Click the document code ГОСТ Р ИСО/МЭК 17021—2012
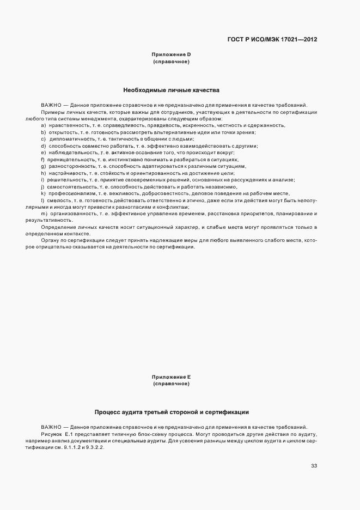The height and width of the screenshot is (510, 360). coord(272,40)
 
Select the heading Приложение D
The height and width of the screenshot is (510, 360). coord(171,54)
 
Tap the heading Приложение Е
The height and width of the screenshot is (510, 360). coord(171,377)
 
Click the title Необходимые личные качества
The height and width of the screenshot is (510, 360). coord(171,89)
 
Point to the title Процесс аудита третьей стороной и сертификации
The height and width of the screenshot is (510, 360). coord(171,412)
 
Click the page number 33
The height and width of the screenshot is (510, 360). coord(314,465)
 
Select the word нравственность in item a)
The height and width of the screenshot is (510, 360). coord(64,125)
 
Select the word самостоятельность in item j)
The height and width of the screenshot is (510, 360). coord(68,187)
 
